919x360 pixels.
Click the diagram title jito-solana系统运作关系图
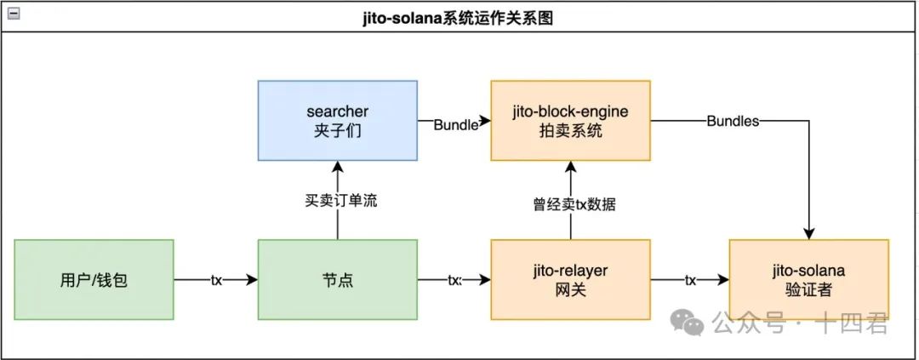(x=459, y=17)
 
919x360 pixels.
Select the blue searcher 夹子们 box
(x=337, y=121)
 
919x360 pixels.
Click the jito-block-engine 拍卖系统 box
(x=570, y=121)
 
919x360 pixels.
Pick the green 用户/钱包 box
(x=94, y=279)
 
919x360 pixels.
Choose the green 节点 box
(x=337, y=279)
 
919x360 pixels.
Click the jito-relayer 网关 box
(x=570, y=279)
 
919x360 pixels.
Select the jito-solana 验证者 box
(x=808, y=279)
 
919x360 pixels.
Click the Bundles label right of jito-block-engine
(x=732, y=121)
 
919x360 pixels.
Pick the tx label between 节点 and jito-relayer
(x=454, y=279)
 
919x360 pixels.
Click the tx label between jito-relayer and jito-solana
(x=690, y=279)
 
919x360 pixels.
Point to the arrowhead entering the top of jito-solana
(x=808, y=234)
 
